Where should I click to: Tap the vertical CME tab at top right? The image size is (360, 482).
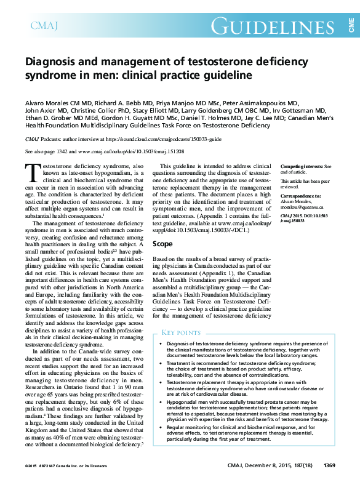click(x=350, y=25)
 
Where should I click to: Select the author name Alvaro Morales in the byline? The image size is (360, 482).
click(x=49, y=102)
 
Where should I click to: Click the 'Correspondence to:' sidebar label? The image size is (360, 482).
click(x=300, y=196)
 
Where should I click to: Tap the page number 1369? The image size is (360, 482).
click(x=329, y=465)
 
